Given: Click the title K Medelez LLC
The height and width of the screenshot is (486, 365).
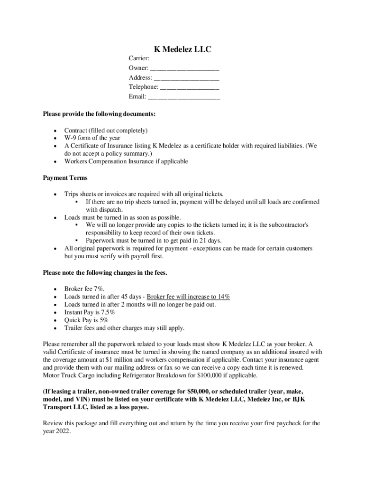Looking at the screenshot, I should [182, 49].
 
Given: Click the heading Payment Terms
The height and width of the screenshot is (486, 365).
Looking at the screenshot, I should [65, 178].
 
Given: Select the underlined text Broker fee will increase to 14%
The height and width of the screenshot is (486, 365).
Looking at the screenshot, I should [188, 297].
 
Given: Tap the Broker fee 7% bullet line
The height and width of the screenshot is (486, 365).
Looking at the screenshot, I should [84, 289].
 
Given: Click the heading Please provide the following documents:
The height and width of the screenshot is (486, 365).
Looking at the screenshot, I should [99, 114].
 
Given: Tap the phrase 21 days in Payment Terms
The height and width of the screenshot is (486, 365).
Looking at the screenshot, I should [198, 241].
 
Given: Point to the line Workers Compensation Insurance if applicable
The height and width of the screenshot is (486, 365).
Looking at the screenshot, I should [126, 161].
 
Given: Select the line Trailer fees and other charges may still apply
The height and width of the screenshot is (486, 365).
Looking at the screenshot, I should [124, 328].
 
